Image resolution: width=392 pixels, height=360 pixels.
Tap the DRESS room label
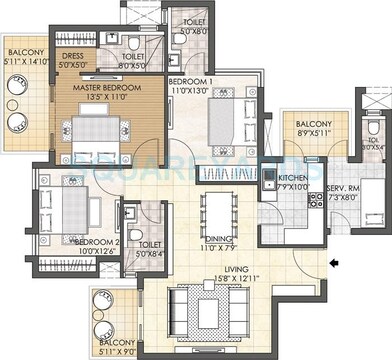coord(72,56)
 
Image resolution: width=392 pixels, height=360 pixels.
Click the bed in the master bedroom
coord(97,132)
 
